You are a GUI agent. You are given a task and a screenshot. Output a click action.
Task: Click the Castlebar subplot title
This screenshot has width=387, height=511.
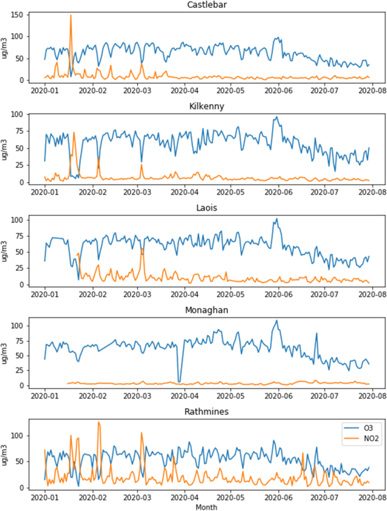coord(207,5)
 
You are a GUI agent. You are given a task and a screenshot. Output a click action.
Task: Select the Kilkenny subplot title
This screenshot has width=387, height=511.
coord(207,107)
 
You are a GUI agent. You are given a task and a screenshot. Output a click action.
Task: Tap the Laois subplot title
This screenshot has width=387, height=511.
coord(207,209)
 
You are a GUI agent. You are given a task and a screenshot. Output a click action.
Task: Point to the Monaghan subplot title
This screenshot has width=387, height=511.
coord(207,310)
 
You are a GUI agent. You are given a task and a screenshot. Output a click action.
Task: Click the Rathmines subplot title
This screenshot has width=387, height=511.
coord(207,412)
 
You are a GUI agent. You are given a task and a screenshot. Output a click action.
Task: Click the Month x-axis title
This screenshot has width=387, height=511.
coord(207,508)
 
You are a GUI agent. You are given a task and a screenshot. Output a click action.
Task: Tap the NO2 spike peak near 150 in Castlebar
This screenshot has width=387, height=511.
coord(71,15)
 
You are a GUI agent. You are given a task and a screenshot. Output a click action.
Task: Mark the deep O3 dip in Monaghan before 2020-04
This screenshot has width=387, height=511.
coord(179,382)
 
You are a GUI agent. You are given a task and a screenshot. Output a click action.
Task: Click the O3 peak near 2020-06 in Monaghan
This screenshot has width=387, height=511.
coord(277,321)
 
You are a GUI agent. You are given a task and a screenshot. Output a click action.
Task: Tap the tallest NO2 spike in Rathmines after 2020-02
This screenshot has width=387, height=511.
coord(98,422)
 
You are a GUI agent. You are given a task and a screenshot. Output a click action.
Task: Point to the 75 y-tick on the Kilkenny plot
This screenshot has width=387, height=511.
coord(23,131)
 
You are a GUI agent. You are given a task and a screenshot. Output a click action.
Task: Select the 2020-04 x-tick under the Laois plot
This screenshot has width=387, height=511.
coord(185,294)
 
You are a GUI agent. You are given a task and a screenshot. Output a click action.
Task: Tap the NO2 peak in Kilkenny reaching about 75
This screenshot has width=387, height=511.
coord(74,132)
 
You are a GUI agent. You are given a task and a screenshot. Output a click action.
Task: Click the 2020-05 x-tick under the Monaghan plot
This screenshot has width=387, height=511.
coord(231,396)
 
